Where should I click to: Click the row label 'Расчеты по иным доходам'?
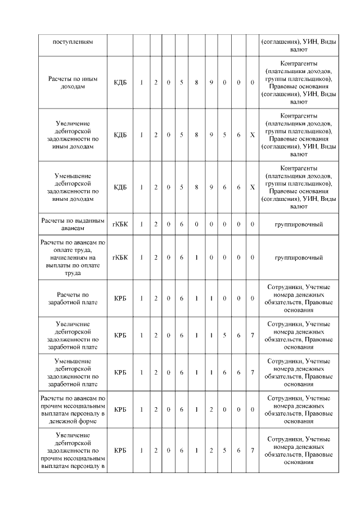click(x=73, y=83)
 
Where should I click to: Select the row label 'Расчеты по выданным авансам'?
click(x=73, y=224)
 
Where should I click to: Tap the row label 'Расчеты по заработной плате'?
click(x=73, y=298)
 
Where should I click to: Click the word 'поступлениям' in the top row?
click(x=73, y=42)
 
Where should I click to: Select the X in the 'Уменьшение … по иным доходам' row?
click(x=253, y=187)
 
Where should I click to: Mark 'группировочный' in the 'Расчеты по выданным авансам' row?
click(x=298, y=224)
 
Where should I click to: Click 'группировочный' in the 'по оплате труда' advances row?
click(x=298, y=257)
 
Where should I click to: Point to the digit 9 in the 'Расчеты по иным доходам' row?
click(x=210, y=83)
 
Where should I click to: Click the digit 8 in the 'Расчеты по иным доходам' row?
click(x=196, y=83)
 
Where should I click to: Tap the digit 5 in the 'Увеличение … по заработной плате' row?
click(x=224, y=335)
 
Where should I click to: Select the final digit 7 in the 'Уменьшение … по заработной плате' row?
click(x=253, y=372)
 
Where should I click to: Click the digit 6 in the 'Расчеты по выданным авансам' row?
click(x=182, y=224)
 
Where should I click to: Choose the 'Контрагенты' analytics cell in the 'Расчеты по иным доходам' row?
click(x=298, y=83)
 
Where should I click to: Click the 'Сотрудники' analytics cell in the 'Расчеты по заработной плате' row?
click(x=298, y=298)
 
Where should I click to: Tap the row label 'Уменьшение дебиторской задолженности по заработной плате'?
click(x=73, y=372)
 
